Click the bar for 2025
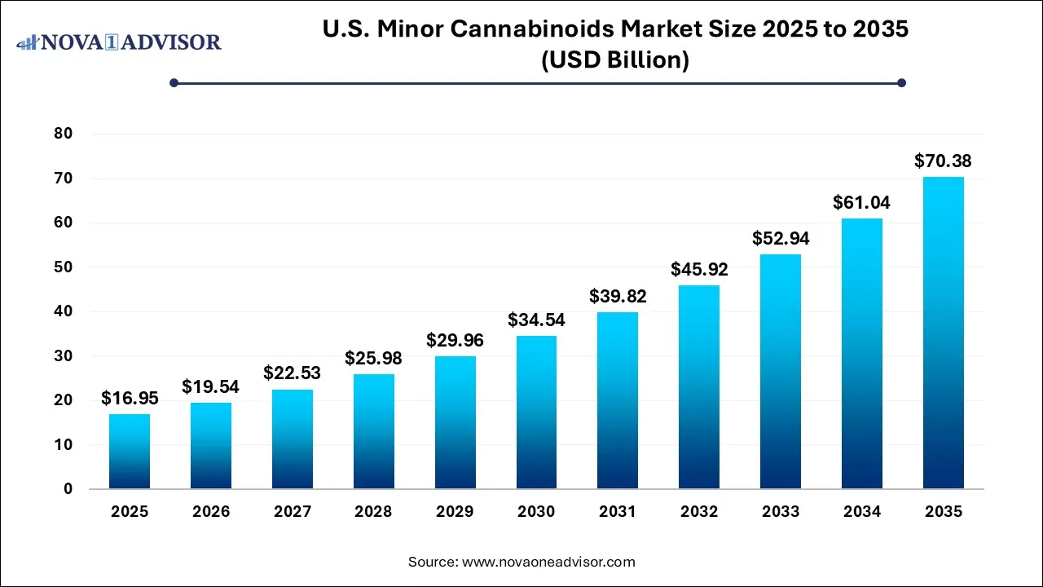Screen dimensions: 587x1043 [130, 452]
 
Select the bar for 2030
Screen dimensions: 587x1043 [536, 413]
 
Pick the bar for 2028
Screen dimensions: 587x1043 [373, 431]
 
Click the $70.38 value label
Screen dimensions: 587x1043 [943, 161]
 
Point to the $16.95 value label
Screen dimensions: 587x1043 [130, 399]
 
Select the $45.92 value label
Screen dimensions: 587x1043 [699, 269]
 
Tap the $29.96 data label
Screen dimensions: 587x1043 [455, 340]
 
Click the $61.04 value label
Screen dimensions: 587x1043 [861, 203]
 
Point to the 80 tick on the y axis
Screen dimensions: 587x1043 [63, 134]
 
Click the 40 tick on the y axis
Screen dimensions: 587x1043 [63, 311]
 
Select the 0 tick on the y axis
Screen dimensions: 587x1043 [68, 489]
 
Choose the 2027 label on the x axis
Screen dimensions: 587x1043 [292, 512]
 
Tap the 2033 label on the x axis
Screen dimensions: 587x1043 [780, 512]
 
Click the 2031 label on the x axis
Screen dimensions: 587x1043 [618, 512]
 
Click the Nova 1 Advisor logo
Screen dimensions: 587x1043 [119, 42]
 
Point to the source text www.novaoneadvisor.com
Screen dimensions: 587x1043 [548, 562]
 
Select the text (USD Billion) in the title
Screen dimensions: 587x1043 [615, 60]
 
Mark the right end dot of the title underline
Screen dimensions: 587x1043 [901, 82]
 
